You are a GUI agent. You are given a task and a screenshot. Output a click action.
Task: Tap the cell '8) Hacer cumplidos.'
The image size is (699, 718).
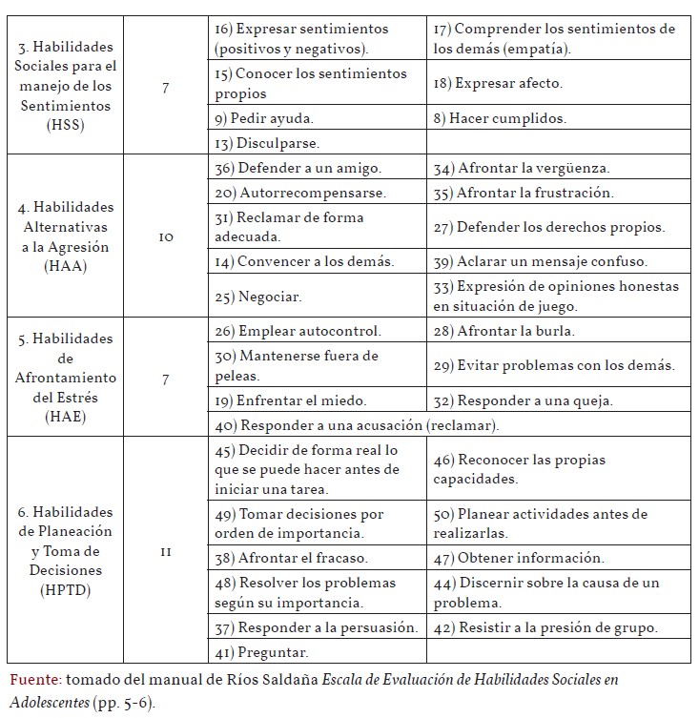(499, 119)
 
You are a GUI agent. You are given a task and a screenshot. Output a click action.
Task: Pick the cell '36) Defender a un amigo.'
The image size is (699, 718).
(298, 168)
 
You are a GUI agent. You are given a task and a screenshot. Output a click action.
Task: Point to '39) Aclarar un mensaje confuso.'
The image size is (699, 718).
(552, 261)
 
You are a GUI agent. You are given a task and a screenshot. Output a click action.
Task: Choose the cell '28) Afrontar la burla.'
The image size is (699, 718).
(517, 331)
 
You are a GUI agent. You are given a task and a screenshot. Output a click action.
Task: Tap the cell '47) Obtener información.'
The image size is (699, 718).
(531, 558)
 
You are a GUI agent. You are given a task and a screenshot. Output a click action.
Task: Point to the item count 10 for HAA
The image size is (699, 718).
(166, 237)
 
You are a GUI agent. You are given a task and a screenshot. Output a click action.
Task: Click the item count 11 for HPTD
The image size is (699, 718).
(166, 551)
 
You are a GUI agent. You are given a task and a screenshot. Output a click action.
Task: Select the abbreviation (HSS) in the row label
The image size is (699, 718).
(64, 126)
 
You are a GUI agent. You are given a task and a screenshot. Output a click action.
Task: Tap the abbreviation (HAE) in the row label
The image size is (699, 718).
(64, 417)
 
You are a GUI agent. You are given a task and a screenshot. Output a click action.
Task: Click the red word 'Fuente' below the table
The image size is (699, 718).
(34, 680)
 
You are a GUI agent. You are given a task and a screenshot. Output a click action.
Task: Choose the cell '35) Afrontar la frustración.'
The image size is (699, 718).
(536, 193)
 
